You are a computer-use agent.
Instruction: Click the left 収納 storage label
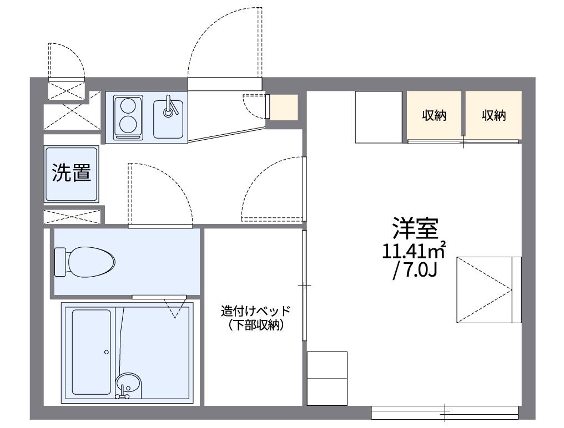coord(434,116)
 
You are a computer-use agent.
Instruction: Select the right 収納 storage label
coord(493,116)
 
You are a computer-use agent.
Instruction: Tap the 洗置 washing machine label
coord(72,174)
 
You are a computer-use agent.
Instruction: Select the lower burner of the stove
coord(128,124)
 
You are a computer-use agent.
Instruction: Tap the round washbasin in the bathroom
coord(129,383)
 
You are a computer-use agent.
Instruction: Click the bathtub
coord(91,352)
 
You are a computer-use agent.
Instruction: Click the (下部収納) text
coord(256,326)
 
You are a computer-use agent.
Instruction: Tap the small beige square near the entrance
coord(284,107)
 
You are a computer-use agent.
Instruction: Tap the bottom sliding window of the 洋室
coord(444,412)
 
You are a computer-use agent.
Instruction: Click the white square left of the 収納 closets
coord(379,117)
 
